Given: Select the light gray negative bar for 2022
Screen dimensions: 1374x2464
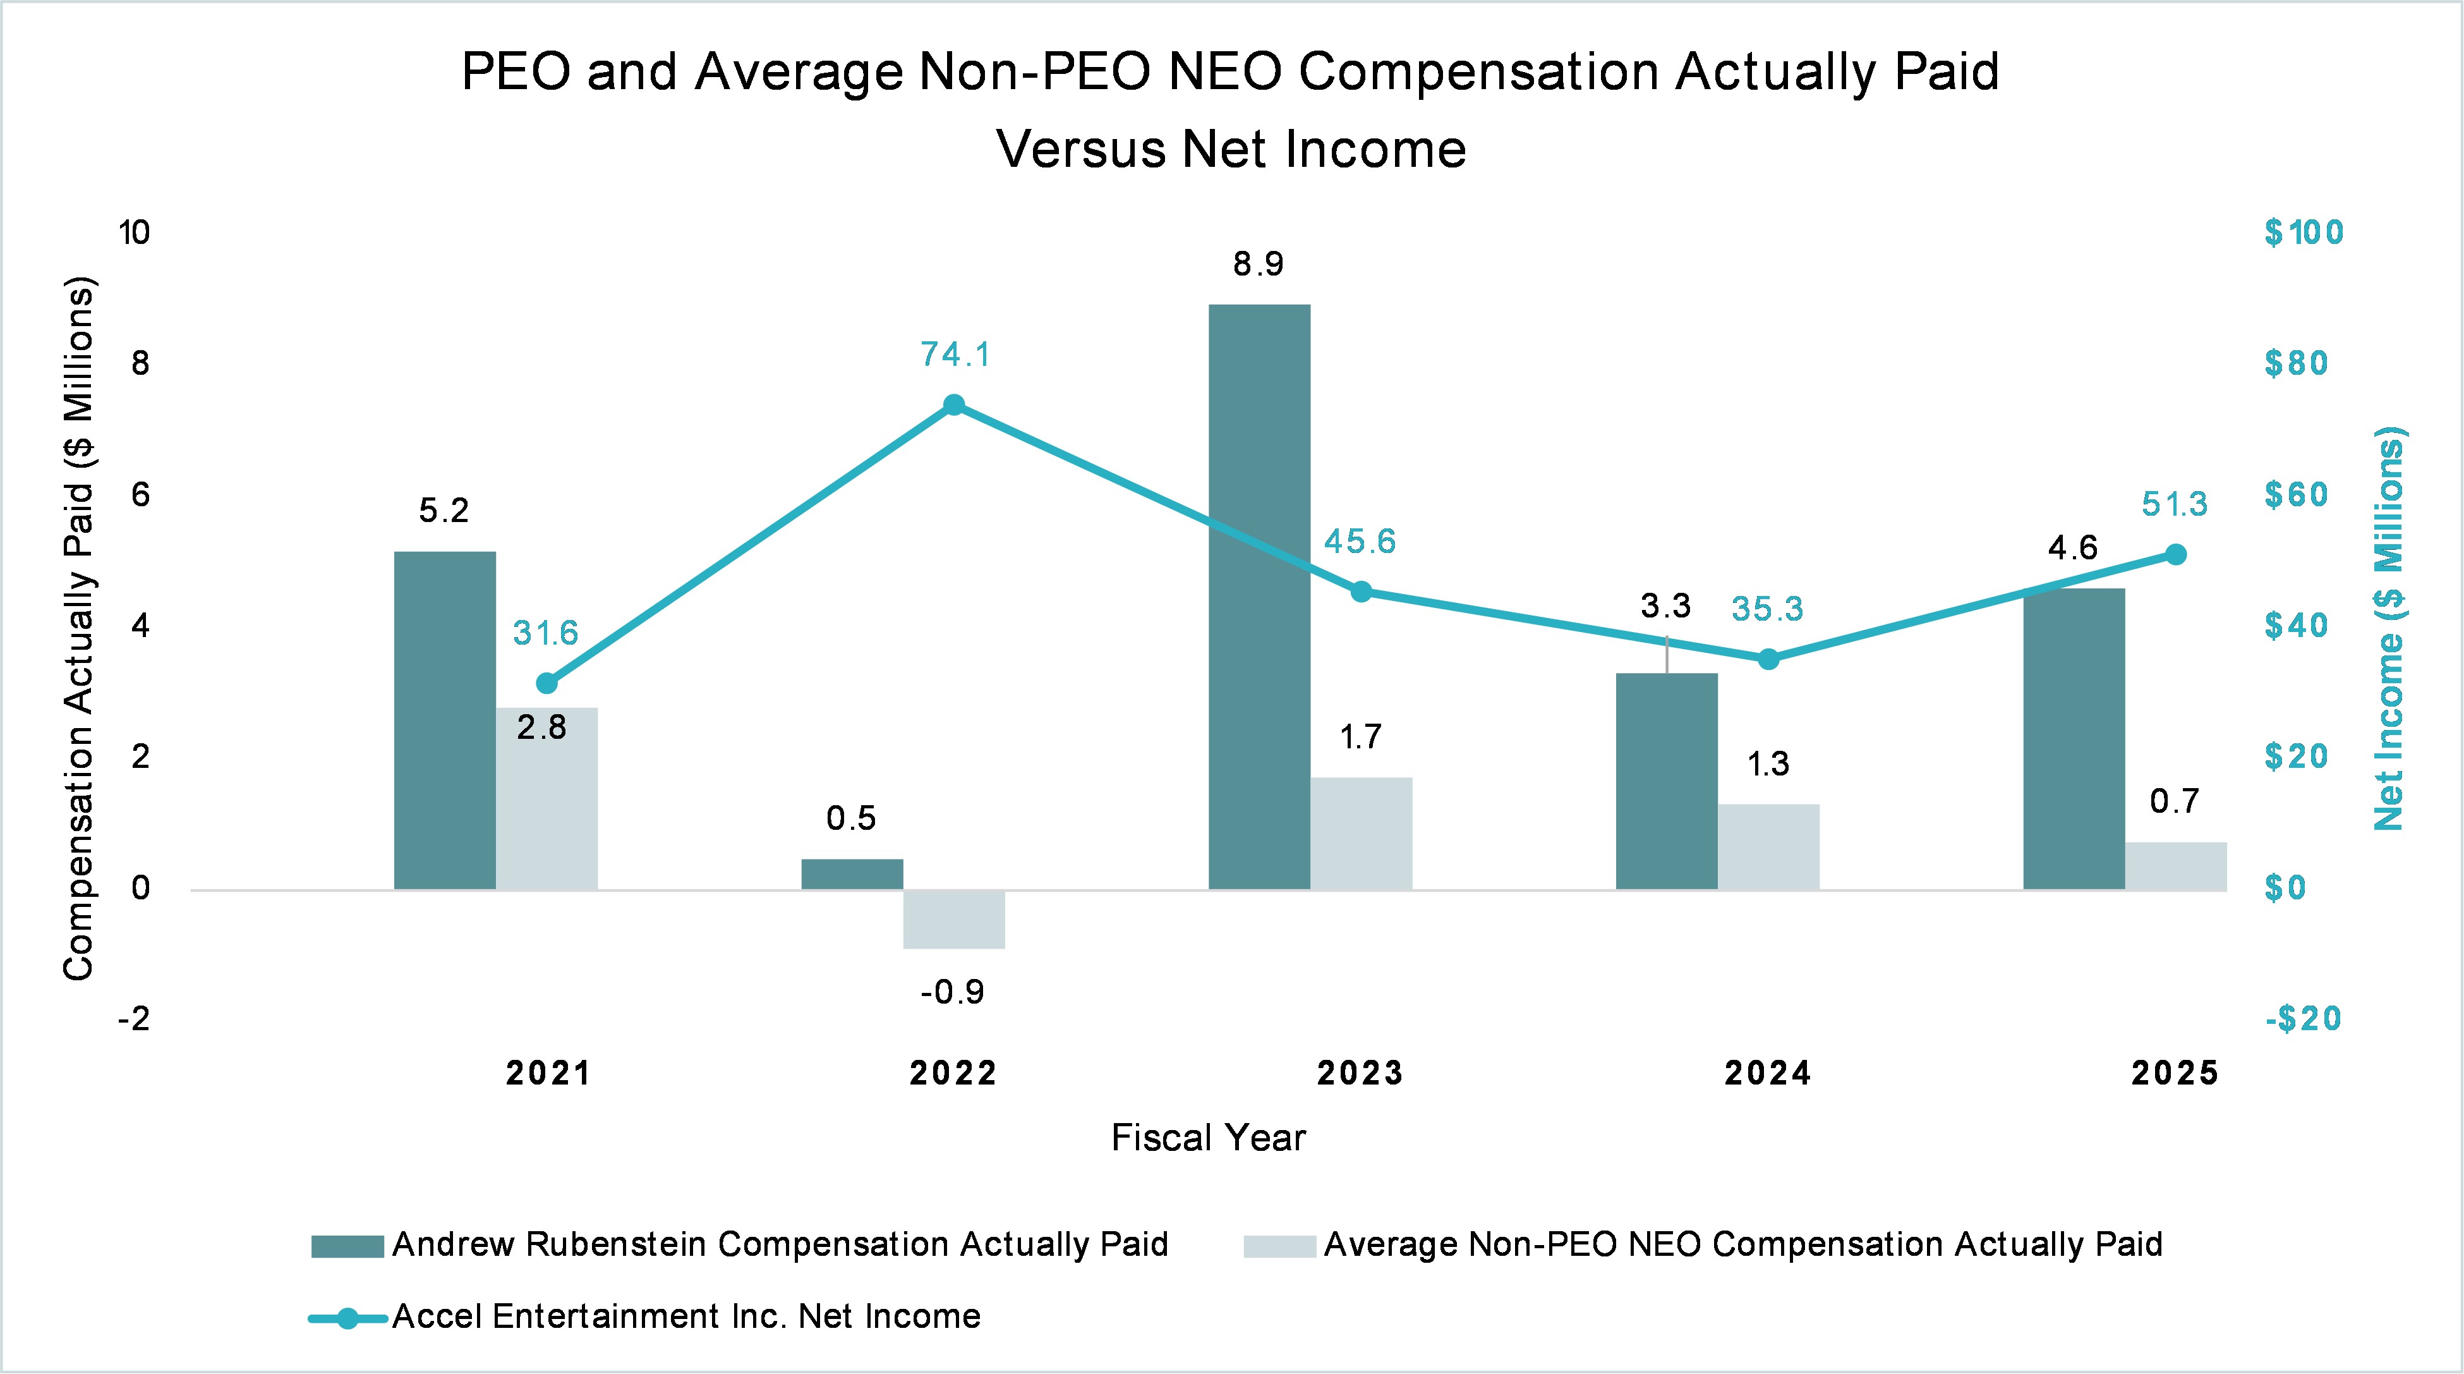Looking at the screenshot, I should (x=953, y=918).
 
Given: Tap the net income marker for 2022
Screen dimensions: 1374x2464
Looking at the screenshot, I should (x=953, y=404).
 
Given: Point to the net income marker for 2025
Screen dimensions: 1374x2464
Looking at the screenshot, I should (x=2175, y=555).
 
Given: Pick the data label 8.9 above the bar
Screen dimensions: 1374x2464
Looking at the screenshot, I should (x=1258, y=264).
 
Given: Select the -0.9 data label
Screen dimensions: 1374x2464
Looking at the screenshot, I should (x=953, y=992).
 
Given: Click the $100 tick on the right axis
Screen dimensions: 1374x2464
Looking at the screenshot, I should (x=2304, y=233).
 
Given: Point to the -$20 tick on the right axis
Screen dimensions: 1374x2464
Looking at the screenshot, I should (x=2302, y=1019).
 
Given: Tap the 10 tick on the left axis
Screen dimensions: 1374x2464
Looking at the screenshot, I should (x=134, y=233).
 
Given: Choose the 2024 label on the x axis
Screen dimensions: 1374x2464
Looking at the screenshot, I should (x=1768, y=1074).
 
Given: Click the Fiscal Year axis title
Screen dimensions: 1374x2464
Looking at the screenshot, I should (x=1208, y=1138).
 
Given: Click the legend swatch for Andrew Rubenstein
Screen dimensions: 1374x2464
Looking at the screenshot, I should (x=347, y=1246).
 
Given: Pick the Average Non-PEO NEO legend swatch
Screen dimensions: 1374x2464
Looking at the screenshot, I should (x=1280, y=1246).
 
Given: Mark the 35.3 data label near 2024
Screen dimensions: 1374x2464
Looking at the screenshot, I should (x=1766, y=609).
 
